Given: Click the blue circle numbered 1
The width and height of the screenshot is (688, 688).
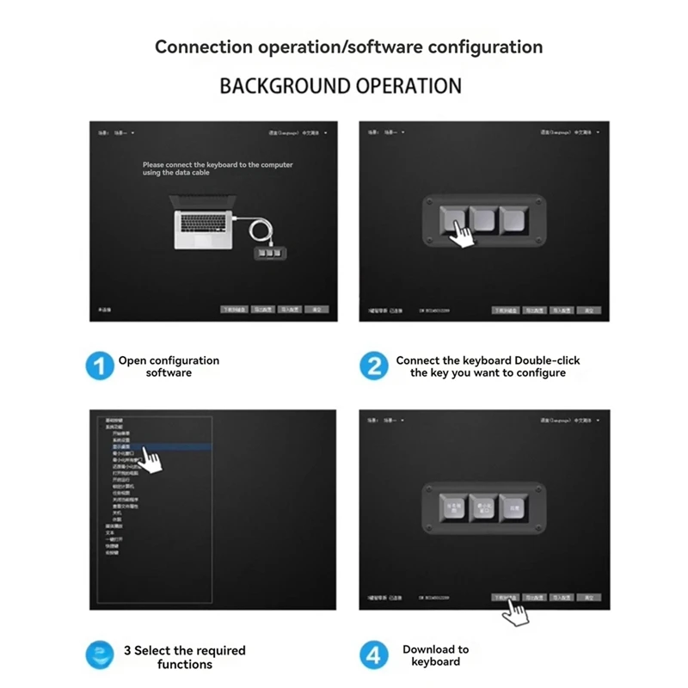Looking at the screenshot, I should tap(100, 366).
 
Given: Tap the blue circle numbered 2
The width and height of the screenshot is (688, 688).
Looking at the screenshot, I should tap(373, 366).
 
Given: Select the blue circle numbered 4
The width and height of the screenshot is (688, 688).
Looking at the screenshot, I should tap(373, 655).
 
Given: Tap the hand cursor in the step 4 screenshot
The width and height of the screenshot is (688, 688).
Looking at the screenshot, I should tap(516, 612).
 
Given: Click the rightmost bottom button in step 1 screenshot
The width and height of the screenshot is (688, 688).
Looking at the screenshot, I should tap(317, 309).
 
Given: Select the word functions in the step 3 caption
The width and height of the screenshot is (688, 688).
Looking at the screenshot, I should tap(185, 664).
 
